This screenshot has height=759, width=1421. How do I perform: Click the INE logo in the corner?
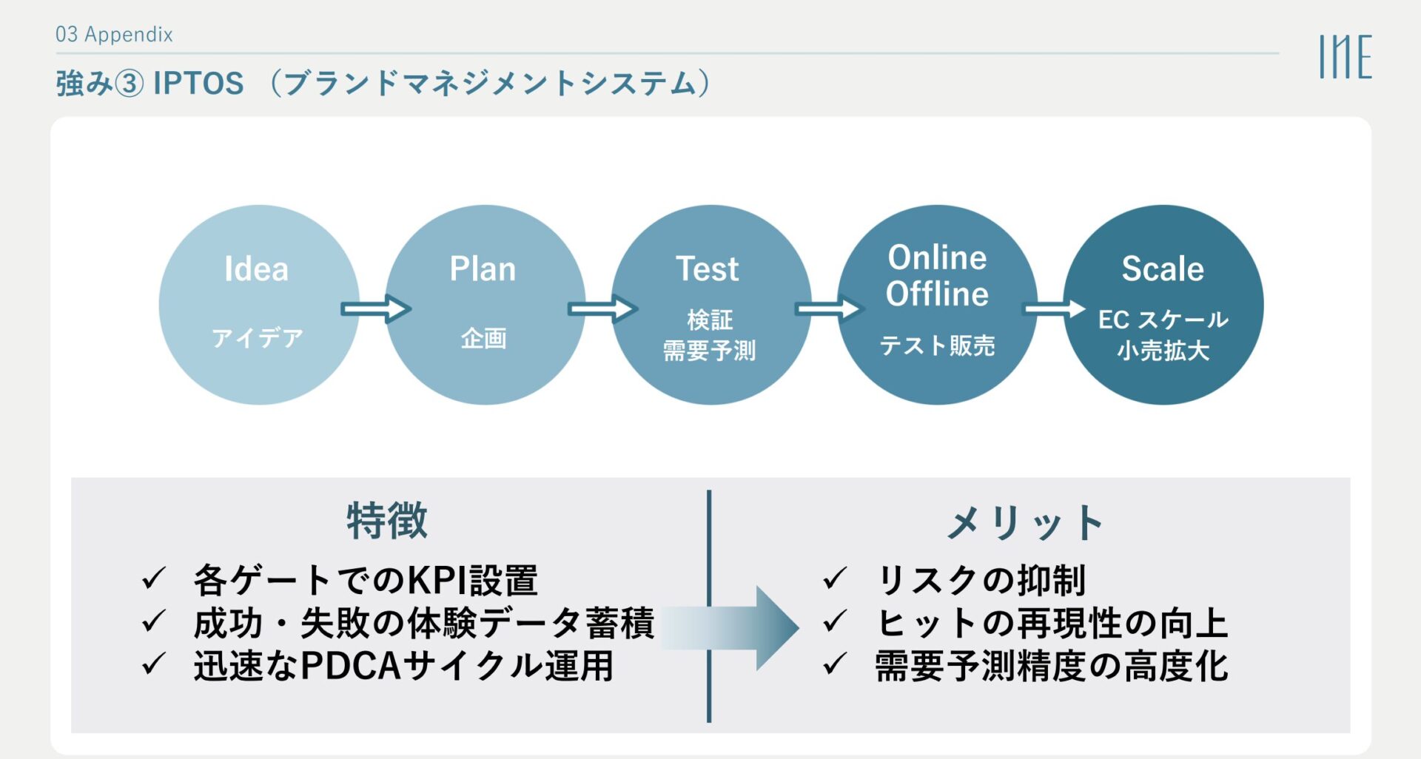point(1345,56)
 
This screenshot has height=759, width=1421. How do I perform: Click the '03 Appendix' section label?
point(114,34)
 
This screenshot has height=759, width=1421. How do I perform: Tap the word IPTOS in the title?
point(198,84)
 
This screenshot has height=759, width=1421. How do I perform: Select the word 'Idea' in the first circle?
point(257,269)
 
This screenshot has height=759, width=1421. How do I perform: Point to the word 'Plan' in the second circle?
point(483,269)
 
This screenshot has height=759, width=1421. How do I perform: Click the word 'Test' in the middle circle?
point(708,269)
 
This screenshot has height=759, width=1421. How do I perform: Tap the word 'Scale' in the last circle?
point(1163,269)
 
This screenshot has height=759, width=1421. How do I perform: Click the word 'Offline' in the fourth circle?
point(937,294)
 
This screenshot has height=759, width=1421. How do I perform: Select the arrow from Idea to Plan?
point(375,308)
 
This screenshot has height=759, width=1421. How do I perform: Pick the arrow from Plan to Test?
point(602,308)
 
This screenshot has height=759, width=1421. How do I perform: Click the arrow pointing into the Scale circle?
point(1053,308)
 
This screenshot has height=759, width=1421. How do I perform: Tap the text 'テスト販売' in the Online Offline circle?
point(937,345)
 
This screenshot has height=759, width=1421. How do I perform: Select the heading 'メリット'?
point(1026,523)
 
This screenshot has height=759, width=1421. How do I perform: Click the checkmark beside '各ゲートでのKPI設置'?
point(153,578)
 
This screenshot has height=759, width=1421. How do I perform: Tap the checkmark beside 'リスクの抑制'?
point(834,578)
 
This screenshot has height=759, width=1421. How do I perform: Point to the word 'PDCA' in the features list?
point(351,666)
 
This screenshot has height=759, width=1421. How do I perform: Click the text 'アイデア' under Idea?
point(258,338)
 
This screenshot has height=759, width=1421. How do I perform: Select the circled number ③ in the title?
point(130,84)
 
